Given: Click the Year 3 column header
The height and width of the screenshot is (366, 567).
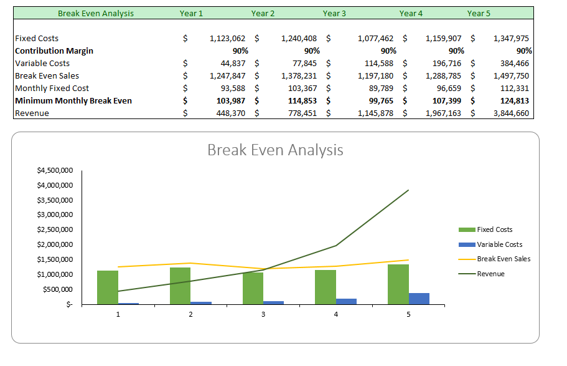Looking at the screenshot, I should tap(334, 13).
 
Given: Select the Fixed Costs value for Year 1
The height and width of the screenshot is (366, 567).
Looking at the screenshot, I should tap(227, 38).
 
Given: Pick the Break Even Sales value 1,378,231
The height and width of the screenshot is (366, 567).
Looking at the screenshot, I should tap(299, 75).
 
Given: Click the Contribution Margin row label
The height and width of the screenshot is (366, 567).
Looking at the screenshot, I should tap(54, 51).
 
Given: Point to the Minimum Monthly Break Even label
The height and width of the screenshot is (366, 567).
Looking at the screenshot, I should tap(73, 100).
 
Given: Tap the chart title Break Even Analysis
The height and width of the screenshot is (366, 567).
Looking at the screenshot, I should tap(274, 150).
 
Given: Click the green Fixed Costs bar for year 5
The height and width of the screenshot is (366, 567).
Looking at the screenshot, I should tap(398, 284).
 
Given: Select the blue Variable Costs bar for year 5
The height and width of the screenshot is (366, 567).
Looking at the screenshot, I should tap(419, 299).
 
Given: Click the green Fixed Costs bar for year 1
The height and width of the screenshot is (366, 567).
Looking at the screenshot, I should tap(108, 287).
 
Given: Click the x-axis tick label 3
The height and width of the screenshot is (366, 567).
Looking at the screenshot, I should tap(263, 315).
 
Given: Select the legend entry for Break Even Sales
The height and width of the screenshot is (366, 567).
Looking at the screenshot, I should tap(503, 259).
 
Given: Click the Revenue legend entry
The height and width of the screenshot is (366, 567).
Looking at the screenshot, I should tap(490, 274).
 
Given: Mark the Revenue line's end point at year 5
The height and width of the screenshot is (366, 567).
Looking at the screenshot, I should tap(408, 190).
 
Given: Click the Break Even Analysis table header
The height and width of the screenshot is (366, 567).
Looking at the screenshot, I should tap(96, 13).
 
